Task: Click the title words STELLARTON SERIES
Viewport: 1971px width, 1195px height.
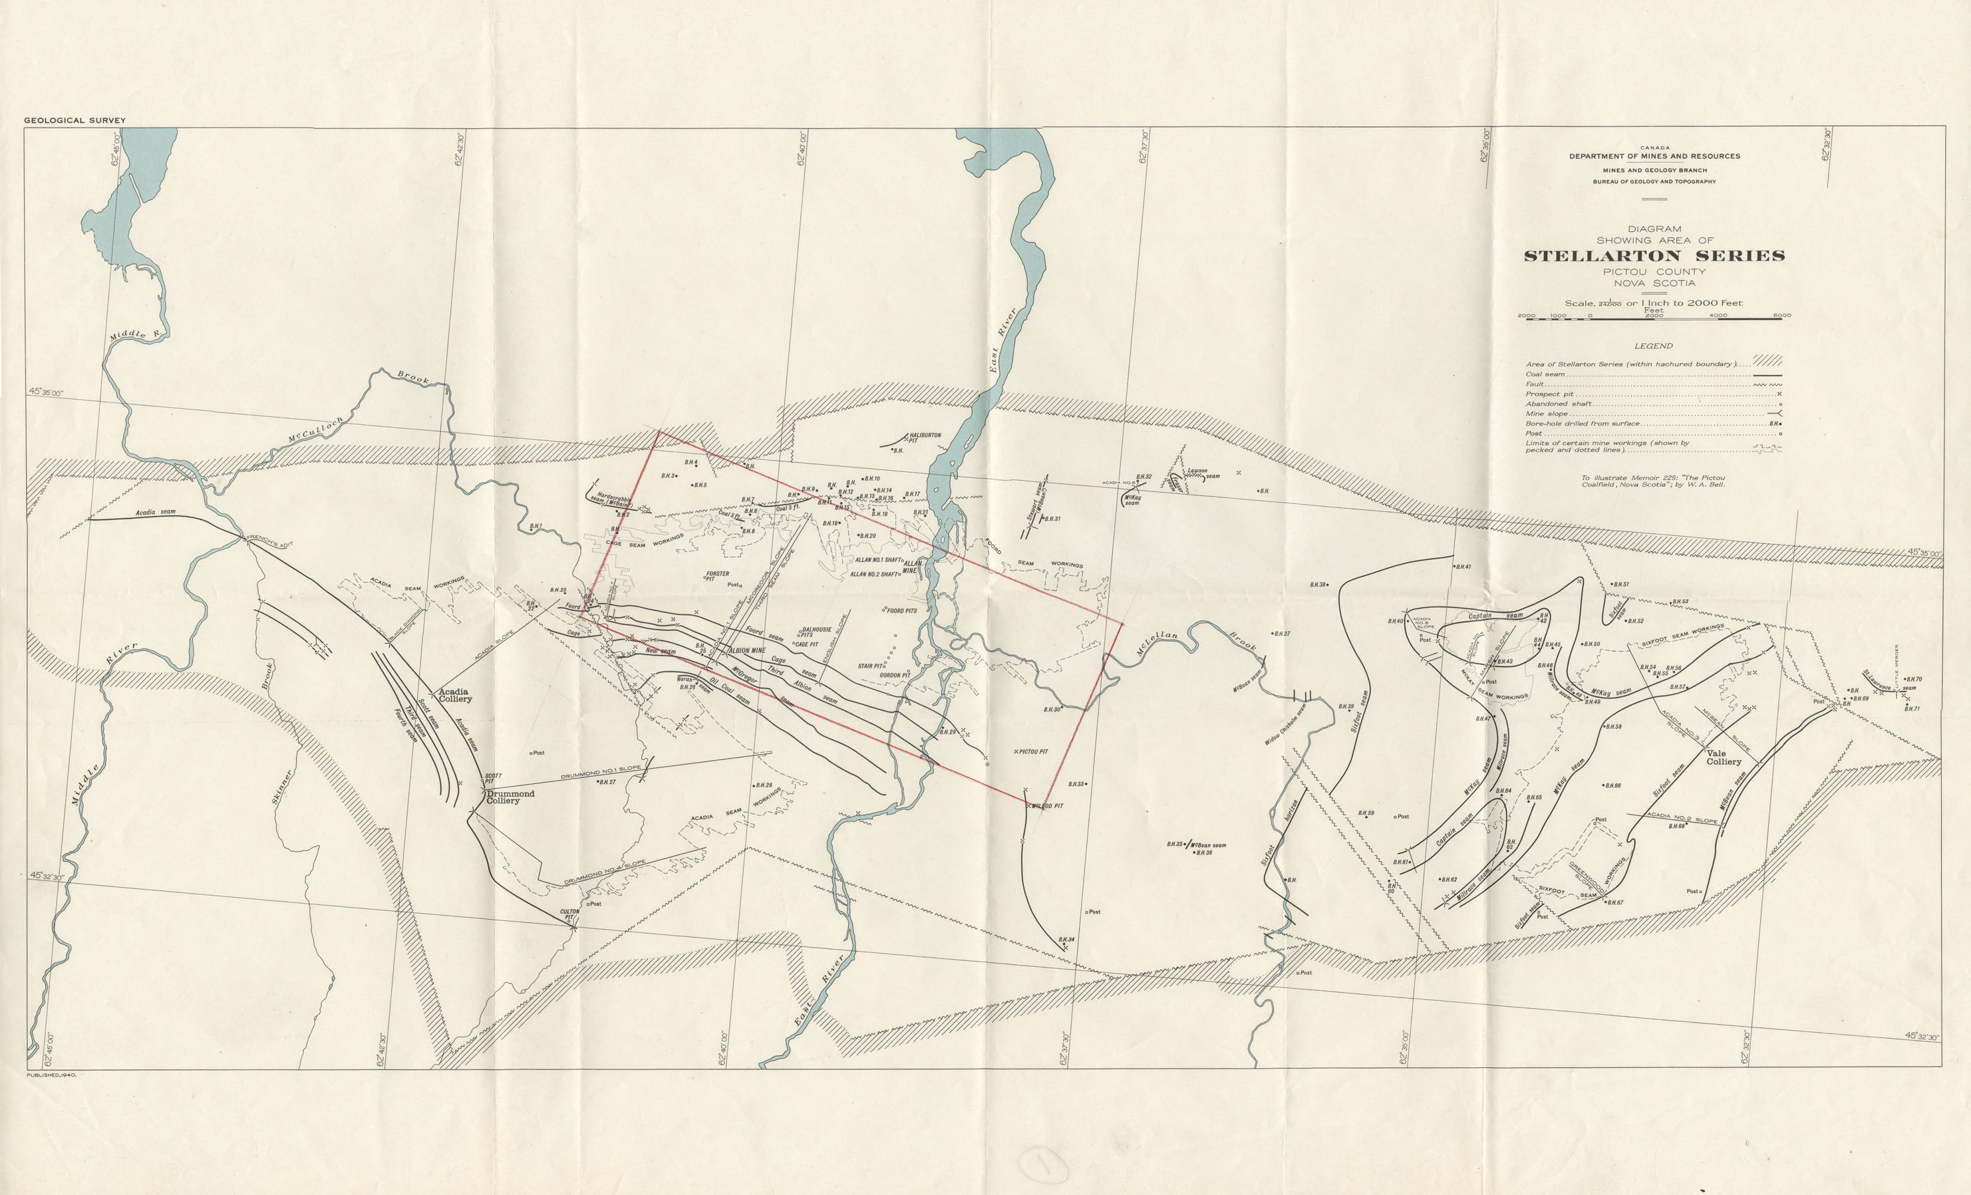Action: [x=1654, y=256]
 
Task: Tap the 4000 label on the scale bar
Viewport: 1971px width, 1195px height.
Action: [x=1718, y=315]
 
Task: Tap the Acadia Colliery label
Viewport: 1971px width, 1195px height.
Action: [x=454, y=695]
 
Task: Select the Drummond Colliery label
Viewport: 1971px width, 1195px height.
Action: [x=510, y=797]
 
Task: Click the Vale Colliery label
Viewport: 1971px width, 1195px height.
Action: [x=1723, y=757]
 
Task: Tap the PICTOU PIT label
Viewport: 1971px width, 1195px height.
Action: [x=1032, y=752]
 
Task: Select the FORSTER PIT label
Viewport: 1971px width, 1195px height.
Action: [x=716, y=576]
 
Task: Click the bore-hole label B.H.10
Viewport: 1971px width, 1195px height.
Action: [x=871, y=478]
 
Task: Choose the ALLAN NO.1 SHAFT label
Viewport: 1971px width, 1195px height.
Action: [x=878, y=560]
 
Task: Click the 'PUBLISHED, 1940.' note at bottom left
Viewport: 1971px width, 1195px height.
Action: [x=51, y=1075]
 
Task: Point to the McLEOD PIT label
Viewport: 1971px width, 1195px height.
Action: [x=1047, y=805]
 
